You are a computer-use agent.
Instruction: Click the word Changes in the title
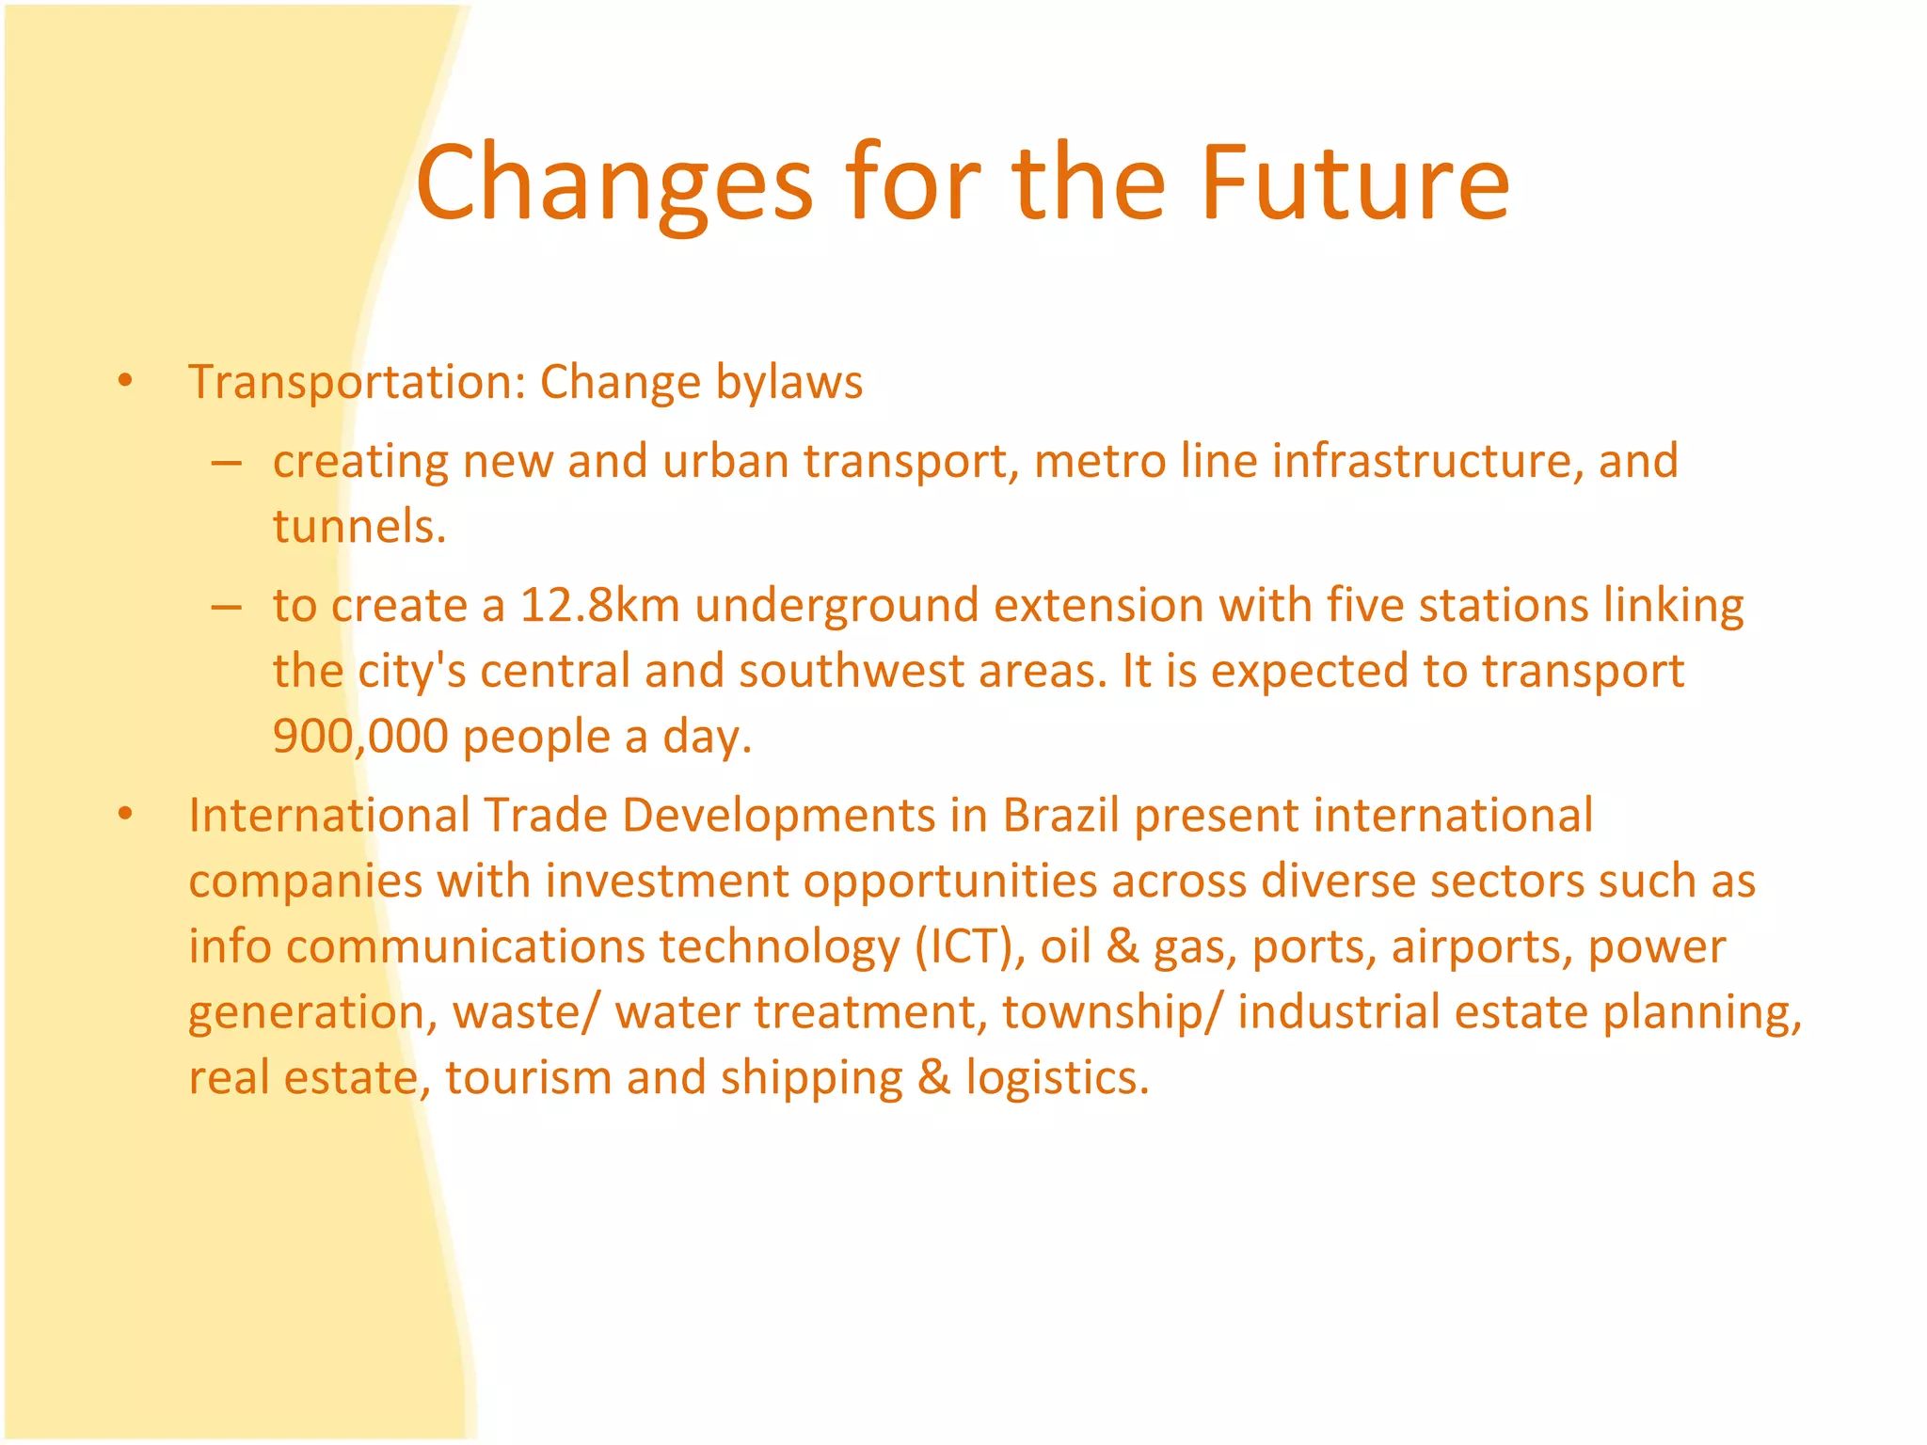click(x=613, y=183)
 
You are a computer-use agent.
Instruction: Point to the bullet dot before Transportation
click(x=125, y=382)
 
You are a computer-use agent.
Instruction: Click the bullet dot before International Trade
click(x=125, y=815)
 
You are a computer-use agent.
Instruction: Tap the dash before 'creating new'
click(x=226, y=463)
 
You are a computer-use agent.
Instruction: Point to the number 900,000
click(x=360, y=736)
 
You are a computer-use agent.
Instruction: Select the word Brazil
click(x=1060, y=815)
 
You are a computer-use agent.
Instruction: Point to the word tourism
click(x=529, y=1077)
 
